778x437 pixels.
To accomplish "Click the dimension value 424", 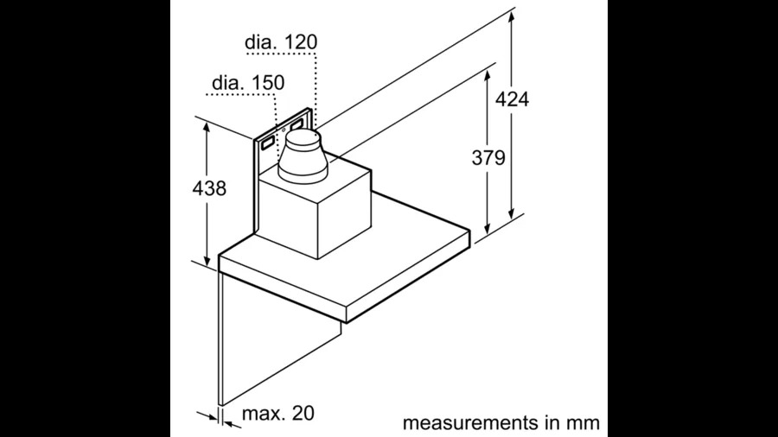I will tap(512, 98).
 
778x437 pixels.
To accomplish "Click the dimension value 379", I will tap(488, 157).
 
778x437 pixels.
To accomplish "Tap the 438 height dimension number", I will tap(208, 187).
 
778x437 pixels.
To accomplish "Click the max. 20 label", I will tap(277, 414).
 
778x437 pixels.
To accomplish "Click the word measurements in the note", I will tap(476, 423).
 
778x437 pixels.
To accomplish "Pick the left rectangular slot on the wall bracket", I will tap(268, 136).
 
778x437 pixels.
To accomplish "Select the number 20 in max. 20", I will tap(303, 414).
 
